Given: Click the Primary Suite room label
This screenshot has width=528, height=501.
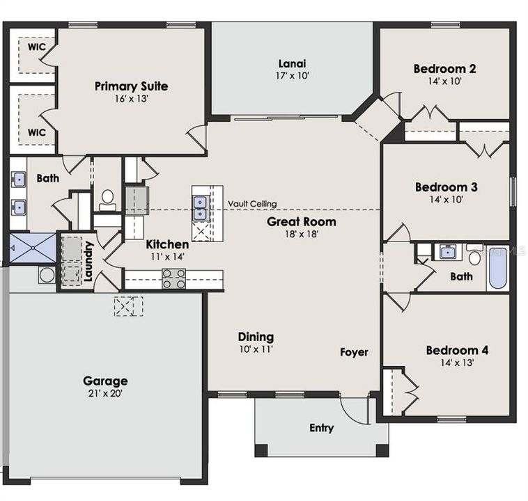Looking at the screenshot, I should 132,86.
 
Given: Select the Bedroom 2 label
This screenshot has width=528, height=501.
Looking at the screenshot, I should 445,69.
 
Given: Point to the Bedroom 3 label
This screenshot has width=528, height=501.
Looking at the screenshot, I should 446,187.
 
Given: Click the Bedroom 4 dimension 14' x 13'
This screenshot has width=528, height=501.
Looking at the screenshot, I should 456,363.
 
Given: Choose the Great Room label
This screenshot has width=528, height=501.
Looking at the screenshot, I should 302,222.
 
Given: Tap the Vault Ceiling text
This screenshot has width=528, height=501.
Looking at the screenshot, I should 252,204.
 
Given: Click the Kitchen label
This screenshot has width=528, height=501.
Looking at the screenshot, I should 167,245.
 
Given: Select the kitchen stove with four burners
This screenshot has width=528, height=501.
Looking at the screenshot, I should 174,279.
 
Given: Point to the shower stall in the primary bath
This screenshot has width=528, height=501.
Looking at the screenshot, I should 32,247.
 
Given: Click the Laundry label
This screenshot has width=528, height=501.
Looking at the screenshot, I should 88,261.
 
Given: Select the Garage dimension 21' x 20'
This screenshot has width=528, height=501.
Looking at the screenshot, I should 105,394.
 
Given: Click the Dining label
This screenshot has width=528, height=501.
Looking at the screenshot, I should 256,337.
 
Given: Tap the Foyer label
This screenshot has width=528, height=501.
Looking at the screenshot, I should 354,352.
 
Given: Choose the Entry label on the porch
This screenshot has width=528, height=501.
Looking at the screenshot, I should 321,428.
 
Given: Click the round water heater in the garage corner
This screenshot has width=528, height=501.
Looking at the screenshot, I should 47,275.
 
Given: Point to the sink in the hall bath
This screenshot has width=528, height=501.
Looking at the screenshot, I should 444,252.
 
